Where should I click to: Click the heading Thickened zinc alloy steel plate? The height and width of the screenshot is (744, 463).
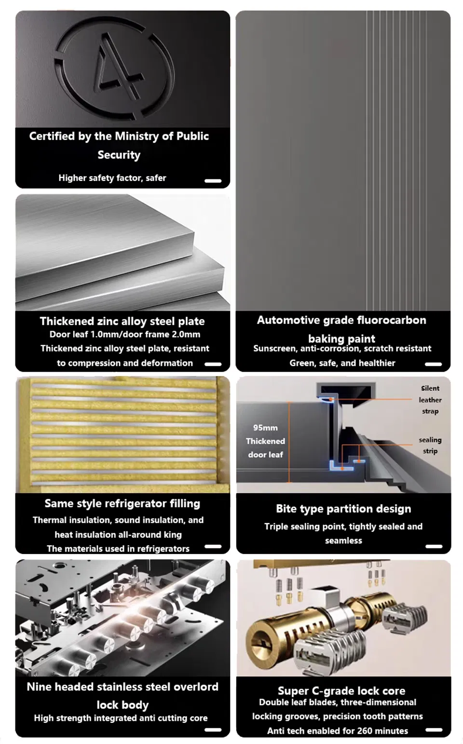pyautogui.click(x=122, y=321)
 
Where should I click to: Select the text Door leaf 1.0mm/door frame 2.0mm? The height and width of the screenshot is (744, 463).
pyautogui.click(x=125, y=335)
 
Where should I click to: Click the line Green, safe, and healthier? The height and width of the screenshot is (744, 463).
pyautogui.click(x=342, y=363)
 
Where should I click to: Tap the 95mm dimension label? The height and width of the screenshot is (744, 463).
pyautogui.click(x=265, y=428)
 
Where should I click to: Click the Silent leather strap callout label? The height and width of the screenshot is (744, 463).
pyautogui.click(x=430, y=400)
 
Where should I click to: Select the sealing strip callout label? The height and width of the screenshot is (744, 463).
pyautogui.click(x=430, y=445)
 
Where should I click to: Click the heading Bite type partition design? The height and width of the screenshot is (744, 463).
pyautogui.click(x=343, y=509)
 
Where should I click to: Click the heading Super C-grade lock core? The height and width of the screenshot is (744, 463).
pyautogui.click(x=341, y=691)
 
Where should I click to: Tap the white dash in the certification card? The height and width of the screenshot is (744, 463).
pyautogui.click(x=213, y=181)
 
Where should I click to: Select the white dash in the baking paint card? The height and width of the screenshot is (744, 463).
pyautogui.click(x=433, y=364)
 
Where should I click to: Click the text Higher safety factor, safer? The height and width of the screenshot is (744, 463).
pyautogui.click(x=112, y=178)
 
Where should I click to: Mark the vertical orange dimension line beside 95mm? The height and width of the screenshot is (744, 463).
pyautogui.click(x=289, y=442)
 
